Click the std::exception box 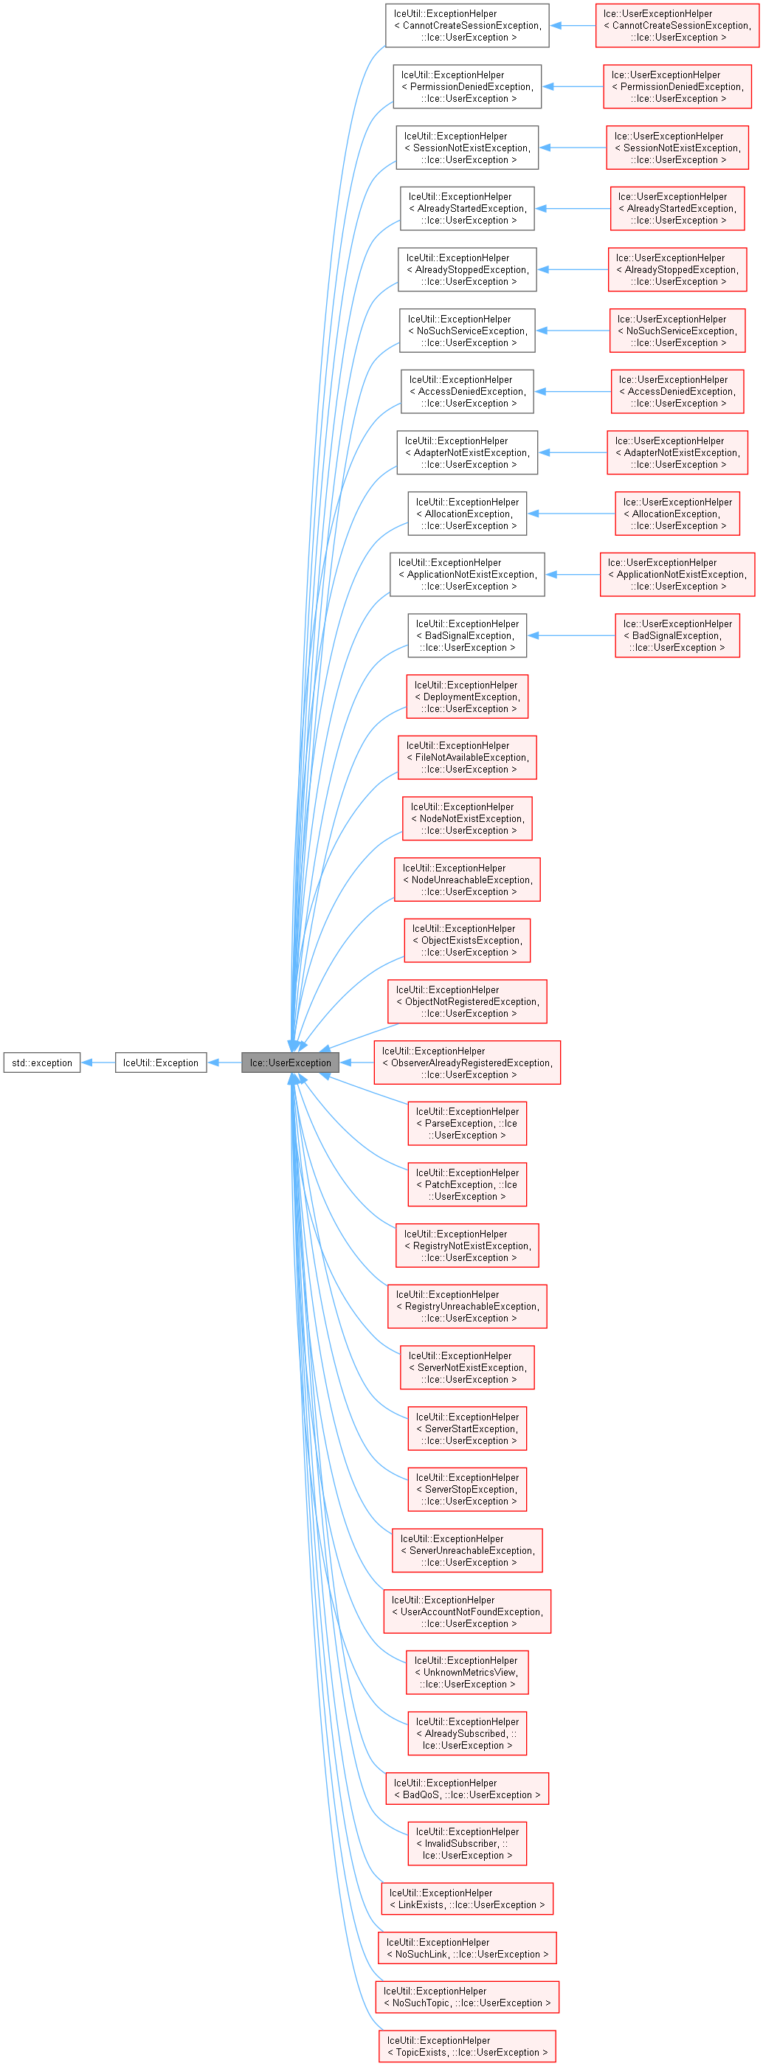(x=42, y=1063)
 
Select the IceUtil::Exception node (x=160, y=1063)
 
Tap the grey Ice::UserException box (x=290, y=1063)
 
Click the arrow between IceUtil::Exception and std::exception (x=98, y=1063)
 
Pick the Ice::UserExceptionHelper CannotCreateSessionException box (x=677, y=26)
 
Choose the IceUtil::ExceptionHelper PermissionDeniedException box (x=467, y=86)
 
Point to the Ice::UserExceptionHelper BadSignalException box (x=677, y=635)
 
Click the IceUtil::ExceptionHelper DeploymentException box (x=467, y=697)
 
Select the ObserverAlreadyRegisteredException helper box (x=467, y=1063)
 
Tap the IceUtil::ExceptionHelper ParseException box (x=467, y=1124)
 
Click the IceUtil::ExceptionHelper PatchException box (x=467, y=1184)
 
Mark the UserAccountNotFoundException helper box (x=467, y=1611)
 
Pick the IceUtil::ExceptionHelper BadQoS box (x=467, y=1789)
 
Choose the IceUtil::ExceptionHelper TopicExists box (x=467, y=2046)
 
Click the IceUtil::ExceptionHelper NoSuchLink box (x=467, y=1948)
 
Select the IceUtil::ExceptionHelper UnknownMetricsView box (x=467, y=1672)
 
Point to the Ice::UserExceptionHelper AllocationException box (x=677, y=514)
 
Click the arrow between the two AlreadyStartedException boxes (x=572, y=209)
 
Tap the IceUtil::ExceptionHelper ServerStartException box (x=467, y=1428)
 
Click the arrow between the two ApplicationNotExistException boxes (x=572, y=574)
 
